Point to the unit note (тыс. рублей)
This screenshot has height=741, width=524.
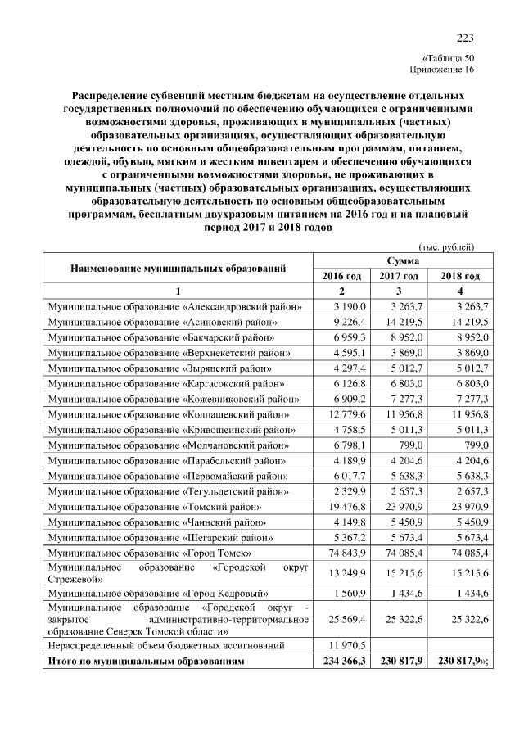click(x=446, y=247)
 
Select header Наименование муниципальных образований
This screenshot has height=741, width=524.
click(x=178, y=268)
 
